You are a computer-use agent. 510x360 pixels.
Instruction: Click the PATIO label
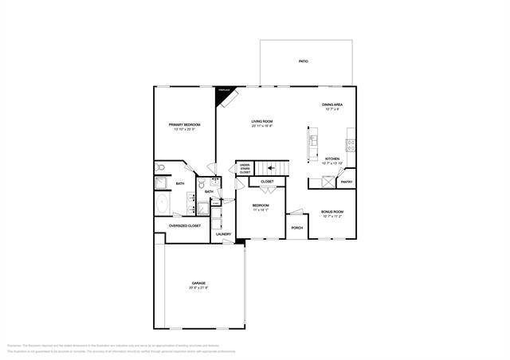303,61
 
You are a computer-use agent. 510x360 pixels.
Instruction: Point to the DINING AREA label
331,105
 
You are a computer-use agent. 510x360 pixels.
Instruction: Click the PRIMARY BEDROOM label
183,125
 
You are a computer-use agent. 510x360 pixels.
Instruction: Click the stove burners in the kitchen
351,145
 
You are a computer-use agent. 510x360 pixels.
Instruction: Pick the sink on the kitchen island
312,143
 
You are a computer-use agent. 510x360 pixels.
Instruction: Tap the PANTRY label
347,182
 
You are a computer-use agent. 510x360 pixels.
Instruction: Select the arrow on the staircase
276,167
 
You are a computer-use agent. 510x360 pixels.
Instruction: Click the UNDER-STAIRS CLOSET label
245,170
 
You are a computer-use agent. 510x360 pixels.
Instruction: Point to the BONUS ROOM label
331,212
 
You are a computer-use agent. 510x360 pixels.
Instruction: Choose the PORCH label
296,228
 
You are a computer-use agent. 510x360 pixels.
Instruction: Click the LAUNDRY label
223,234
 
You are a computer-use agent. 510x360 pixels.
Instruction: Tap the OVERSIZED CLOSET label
184,225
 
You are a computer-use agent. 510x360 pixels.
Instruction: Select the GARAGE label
198,284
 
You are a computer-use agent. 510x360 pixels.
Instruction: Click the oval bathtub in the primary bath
163,204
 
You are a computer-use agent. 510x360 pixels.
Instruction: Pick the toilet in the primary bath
160,168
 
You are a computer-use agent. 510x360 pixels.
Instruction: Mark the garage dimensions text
198,288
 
